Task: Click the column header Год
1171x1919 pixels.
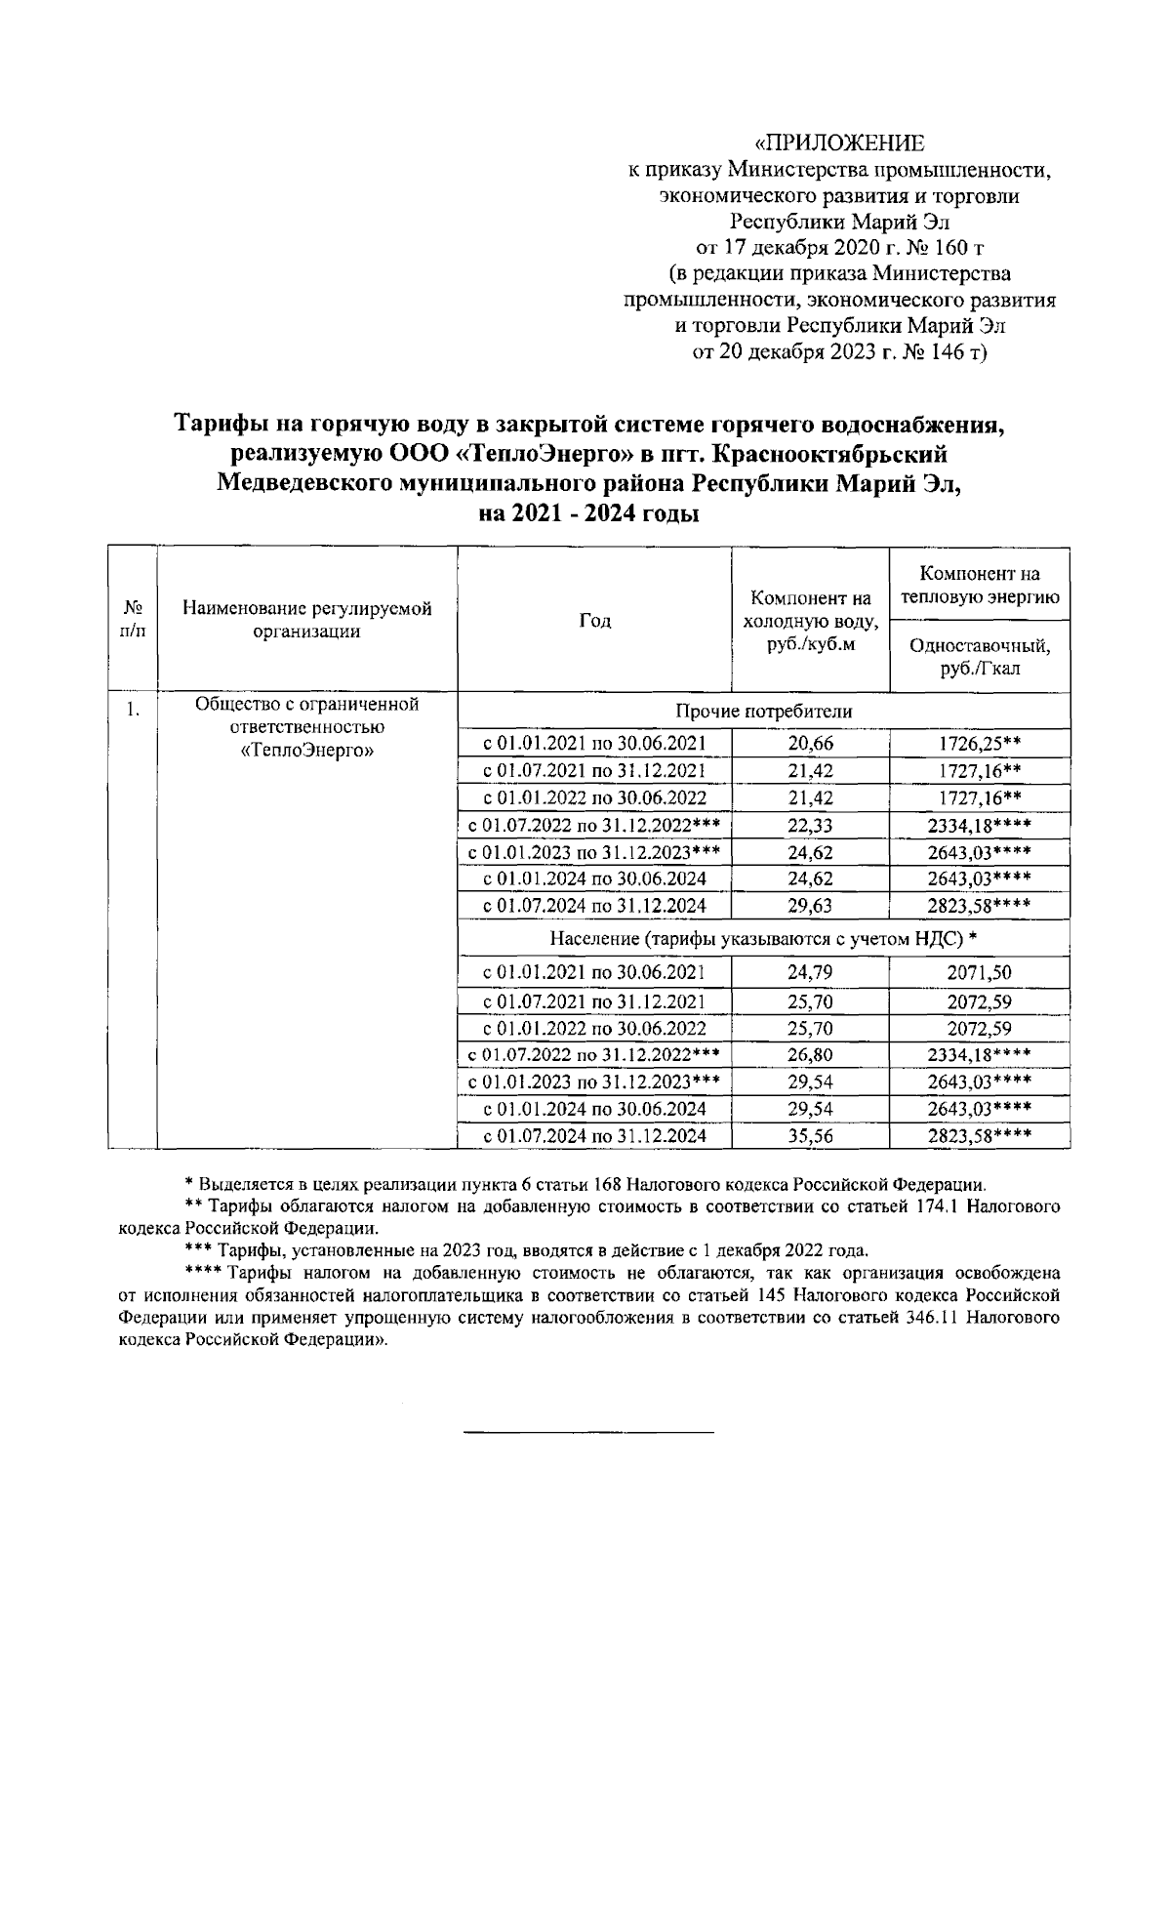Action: (x=594, y=621)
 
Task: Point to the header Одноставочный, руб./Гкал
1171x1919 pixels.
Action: (x=980, y=656)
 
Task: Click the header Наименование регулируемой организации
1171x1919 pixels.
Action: (x=306, y=621)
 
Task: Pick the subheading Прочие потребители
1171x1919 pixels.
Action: (x=763, y=712)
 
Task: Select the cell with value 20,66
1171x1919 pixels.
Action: (x=810, y=744)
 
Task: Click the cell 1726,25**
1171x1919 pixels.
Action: (x=980, y=744)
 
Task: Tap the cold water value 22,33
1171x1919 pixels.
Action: (x=810, y=826)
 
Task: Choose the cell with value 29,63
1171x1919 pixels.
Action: (x=810, y=906)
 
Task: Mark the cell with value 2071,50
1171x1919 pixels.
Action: (x=979, y=972)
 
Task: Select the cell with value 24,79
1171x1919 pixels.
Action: (x=810, y=972)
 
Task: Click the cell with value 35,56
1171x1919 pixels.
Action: (x=810, y=1135)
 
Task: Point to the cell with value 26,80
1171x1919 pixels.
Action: (x=810, y=1055)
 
